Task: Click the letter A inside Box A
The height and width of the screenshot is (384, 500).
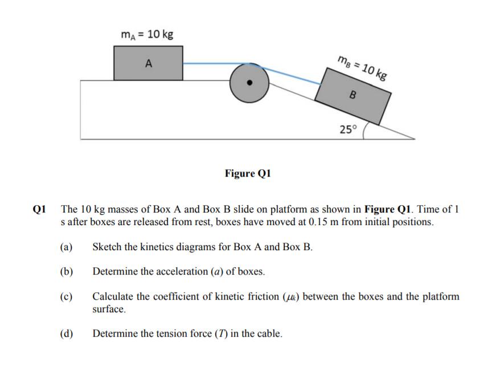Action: coord(148,64)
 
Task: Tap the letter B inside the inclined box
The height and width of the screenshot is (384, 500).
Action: coord(352,95)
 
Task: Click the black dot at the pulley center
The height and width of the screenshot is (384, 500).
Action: coord(249,82)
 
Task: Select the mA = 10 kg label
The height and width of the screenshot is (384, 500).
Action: coord(147,34)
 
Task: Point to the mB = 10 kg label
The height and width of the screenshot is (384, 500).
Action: coord(362,67)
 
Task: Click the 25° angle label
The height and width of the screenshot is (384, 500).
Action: coord(347,129)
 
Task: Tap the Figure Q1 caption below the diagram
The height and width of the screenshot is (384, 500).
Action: coord(248,173)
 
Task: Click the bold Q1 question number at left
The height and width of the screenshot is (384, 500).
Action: coord(39,209)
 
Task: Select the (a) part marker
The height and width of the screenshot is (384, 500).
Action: coord(66,247)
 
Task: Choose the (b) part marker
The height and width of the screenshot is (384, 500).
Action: coord(66,272)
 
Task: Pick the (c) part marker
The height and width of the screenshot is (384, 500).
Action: coord(66,297)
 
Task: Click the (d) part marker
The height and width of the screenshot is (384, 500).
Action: coord(66,334)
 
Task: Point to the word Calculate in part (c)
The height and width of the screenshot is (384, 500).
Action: coord(113,297)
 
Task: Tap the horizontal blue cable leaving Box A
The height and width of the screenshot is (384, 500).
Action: coord(208,64)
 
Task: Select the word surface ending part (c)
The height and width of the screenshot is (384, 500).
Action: coord(108,309)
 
